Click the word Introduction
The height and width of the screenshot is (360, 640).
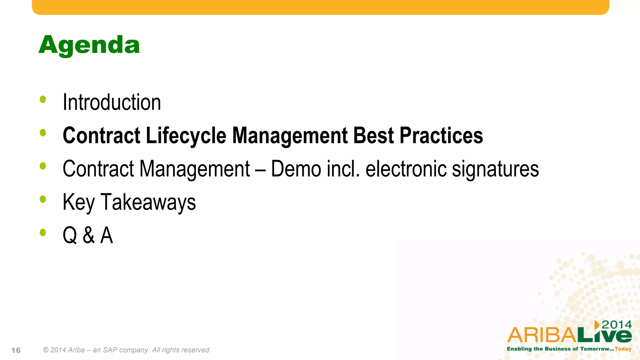(112, 102)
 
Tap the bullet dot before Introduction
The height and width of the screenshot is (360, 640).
(43, 100)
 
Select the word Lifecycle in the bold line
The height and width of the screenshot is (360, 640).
(186, 136)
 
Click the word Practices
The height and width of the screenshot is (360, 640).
(441, 136)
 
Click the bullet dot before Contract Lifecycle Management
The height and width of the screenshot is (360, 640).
(43, 133)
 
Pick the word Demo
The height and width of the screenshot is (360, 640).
(296, 169)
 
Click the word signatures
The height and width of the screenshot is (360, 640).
(495, 169)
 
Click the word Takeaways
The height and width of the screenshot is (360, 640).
(148, 202)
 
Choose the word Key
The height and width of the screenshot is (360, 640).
(78, 202)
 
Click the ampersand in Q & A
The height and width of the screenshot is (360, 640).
(89, 235)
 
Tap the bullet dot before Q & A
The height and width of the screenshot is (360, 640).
(43, 232)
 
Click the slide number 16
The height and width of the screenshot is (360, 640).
(16, 350)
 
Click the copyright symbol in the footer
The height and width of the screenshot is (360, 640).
(46, 350)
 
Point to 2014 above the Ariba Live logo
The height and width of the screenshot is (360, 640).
(617, 325)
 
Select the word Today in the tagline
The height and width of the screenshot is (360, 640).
(623, 349)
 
